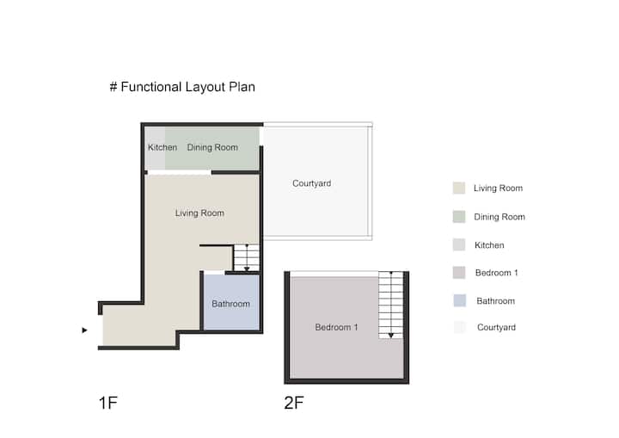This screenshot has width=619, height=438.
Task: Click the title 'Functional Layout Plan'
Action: [x=187, y=87]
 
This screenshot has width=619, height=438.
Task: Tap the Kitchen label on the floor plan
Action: [x=162, y=147]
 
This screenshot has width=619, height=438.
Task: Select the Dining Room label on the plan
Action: [x=212, y=147]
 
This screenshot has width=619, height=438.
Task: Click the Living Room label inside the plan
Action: [x=199, y=213]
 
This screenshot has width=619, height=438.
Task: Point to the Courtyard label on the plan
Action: [x=311, y=183]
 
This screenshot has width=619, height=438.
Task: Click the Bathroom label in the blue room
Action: [x=230, y=304]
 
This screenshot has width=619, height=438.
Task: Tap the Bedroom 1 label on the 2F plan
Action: [x=336, y=327]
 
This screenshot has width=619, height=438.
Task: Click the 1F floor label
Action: [x=107, y=403]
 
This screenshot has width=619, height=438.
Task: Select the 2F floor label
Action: [x=294, y=403]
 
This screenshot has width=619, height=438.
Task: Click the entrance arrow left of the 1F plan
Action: [x=84, y=330]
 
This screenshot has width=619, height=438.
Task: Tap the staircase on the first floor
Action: [x=247, y=258]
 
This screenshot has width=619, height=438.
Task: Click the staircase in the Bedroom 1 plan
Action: [x=391, y=305]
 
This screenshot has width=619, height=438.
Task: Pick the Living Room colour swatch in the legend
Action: [x=459, y=188]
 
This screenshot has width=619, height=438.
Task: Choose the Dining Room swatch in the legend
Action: [x=459, y=217]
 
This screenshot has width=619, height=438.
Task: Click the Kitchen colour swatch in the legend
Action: [x=459, y=244]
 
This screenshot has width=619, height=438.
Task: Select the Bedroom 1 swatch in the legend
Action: [x=459, y=273]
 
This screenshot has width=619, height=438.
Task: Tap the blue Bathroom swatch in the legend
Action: [x=459, y=300]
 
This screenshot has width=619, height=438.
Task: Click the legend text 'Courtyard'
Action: [x=496, y=327]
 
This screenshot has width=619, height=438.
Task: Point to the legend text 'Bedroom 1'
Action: [x=496, y=273]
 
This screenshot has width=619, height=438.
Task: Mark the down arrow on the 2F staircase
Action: [x=391, y=336]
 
